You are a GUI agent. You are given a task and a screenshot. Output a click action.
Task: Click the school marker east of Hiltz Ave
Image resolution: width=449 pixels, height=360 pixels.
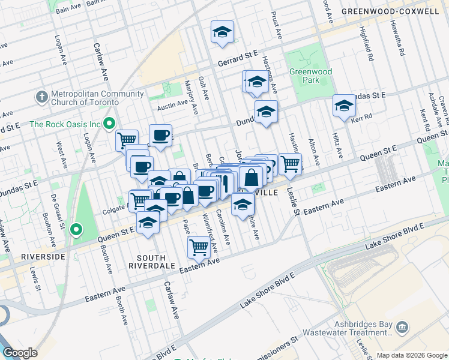pyautogui.click(x=344, y=106)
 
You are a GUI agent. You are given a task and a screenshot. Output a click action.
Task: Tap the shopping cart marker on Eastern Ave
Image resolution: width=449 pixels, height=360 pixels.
pyautogui.click(x=198, y=246)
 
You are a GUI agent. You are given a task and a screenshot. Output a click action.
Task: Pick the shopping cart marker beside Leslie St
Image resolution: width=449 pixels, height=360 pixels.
pyautogui.click(x=290, y=163)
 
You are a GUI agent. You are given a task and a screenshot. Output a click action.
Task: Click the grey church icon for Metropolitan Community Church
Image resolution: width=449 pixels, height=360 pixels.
pyautogui.click(x=41, y=97)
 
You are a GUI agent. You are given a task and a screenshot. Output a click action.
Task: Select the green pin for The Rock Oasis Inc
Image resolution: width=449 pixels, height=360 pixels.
pyautogui.click(x=109, y=124)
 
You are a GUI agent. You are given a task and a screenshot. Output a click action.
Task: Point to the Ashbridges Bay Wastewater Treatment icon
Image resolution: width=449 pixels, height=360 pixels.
pyautogui.click(x=402, y=328)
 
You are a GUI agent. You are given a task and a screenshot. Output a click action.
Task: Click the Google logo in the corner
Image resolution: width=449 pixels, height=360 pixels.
pyautogui.click(x=20, y=353)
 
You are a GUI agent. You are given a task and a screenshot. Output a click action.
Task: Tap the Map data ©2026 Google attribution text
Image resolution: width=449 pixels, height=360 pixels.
pyautogui.click(x=412, y=355)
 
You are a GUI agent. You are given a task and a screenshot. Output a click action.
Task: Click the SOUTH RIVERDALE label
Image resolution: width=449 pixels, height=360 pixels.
pyautogui.click(x=151, y=260)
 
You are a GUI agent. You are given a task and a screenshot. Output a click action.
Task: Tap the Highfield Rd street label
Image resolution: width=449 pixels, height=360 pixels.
pyautogui.click(x=367, y=44)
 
